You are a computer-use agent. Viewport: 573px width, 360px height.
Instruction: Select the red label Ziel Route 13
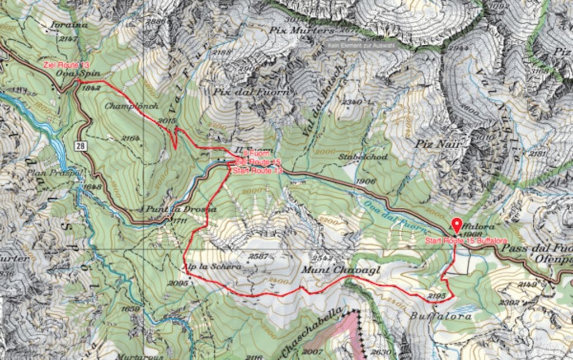pos(66,66)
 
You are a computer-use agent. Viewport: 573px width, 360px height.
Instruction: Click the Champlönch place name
pos(131,105)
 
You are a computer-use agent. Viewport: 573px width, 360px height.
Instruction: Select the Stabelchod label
pos(363,157)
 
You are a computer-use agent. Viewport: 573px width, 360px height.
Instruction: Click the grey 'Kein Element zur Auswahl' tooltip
pos(361,44)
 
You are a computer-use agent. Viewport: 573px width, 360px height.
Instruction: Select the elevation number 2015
pos(167,120)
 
